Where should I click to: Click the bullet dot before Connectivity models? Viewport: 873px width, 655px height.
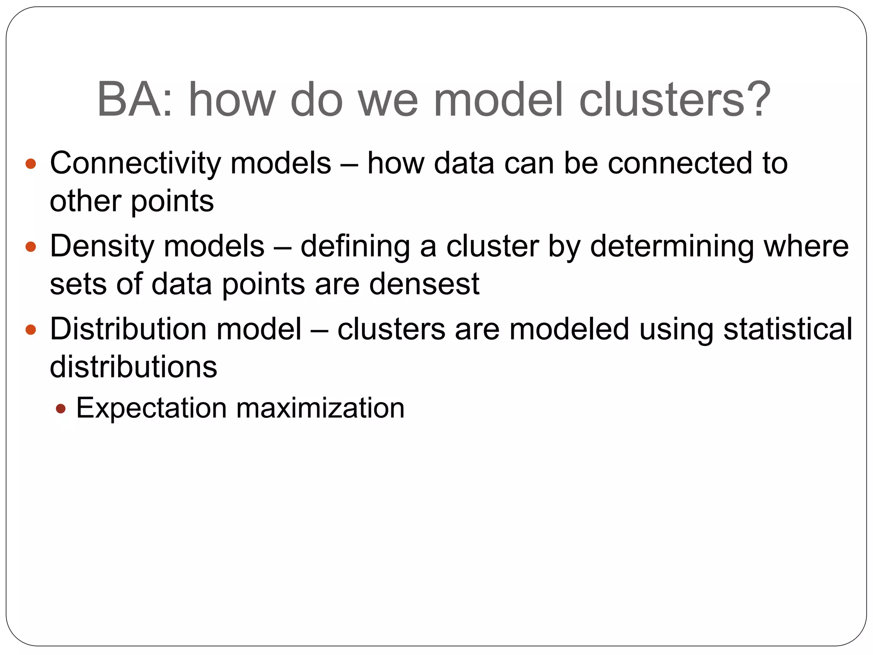tap(31, 164)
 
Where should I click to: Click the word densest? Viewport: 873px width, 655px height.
tap(424, 284)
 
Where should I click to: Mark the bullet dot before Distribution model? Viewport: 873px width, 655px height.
tap(31, 330)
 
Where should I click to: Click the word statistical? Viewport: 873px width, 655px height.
tap(788, 329)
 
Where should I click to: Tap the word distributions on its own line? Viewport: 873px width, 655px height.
tap(133, 367)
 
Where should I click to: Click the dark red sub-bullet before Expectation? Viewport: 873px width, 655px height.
tap(61, 409)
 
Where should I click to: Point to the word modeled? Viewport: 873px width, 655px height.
tap(569, 329)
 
